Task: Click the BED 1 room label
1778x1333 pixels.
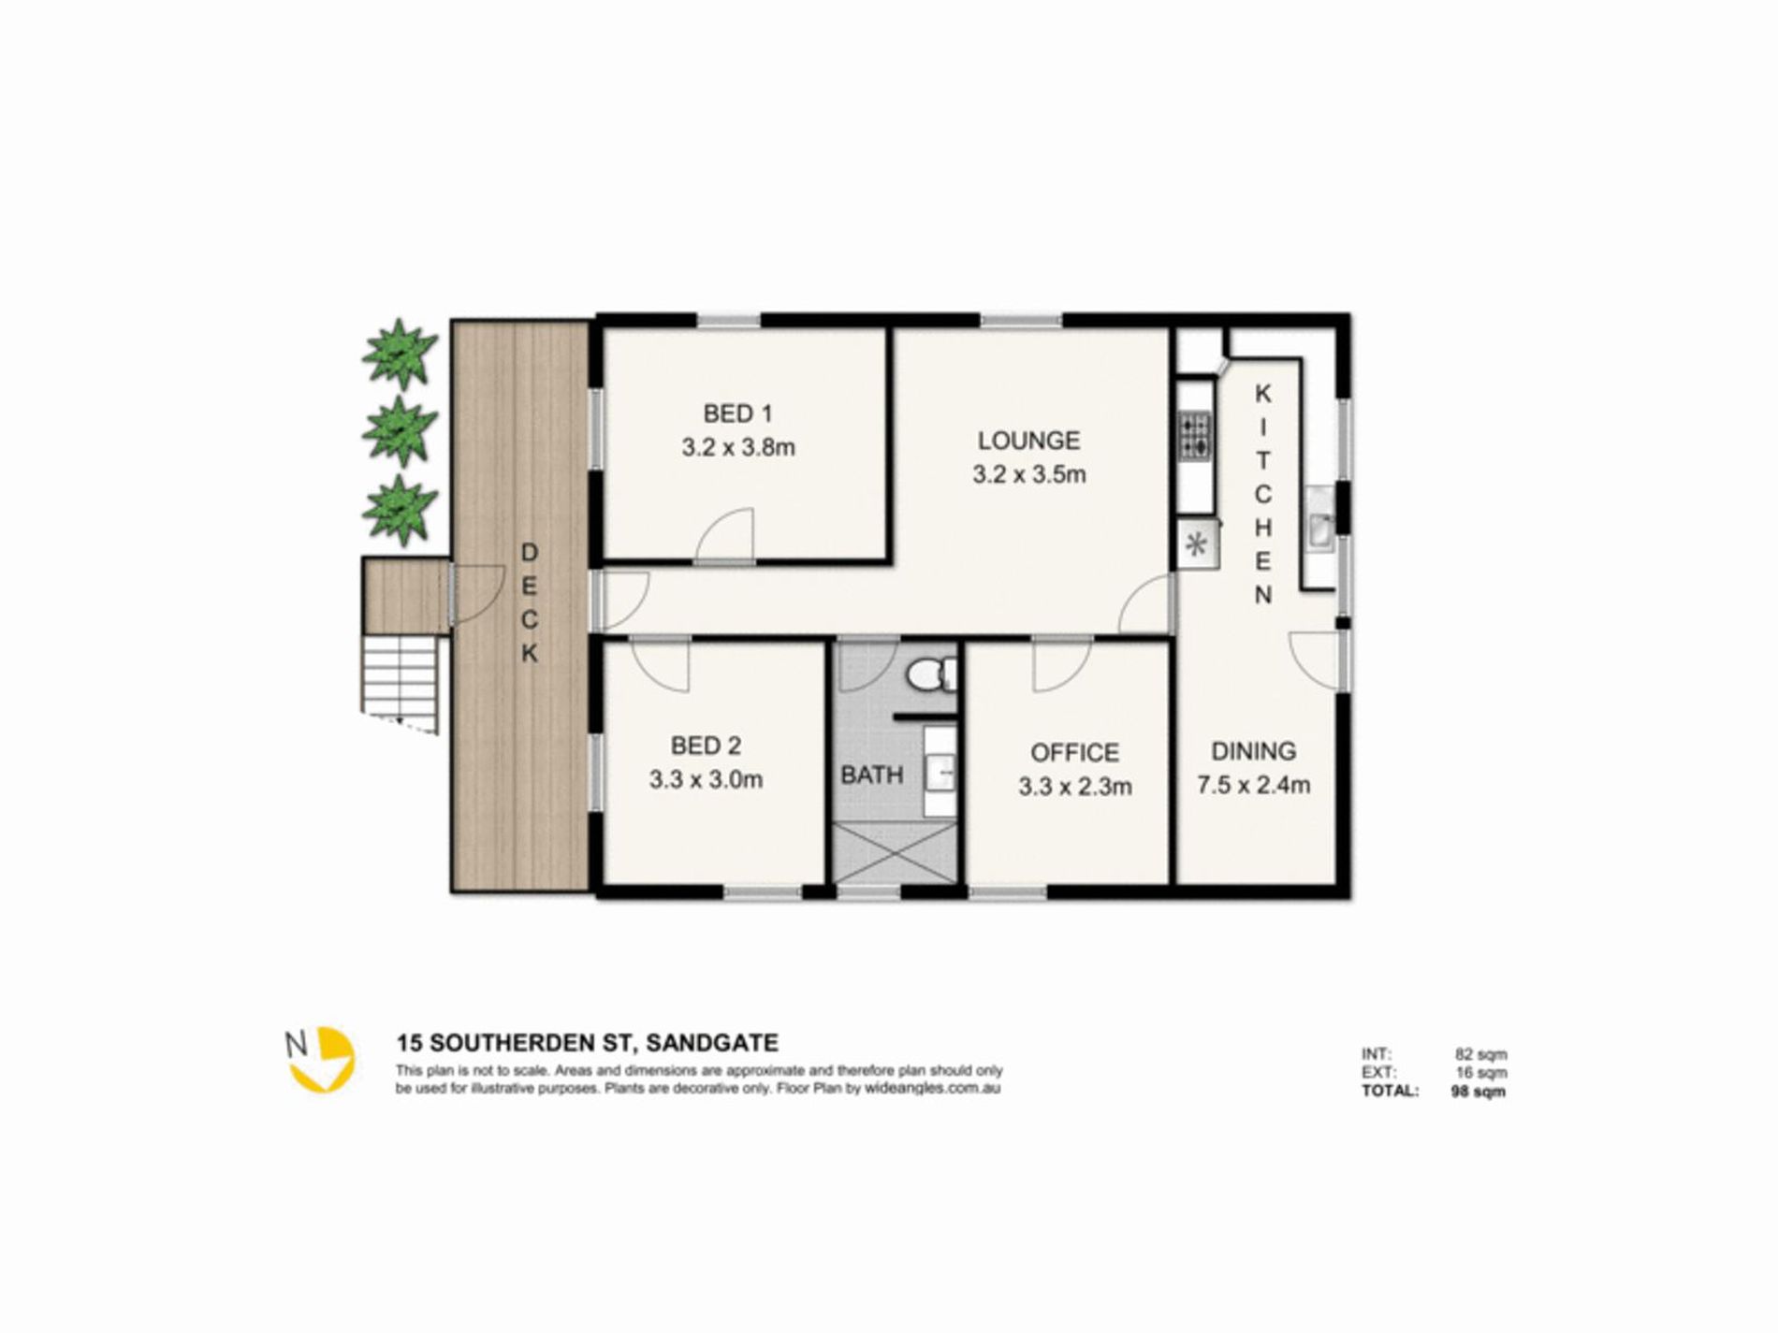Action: (737, 413)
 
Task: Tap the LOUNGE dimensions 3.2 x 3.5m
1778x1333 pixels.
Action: (1029, 474)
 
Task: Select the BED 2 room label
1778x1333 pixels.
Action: (707, 746)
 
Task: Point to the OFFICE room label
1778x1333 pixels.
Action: (1074, 753)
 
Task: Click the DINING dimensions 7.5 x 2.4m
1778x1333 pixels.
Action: (1253, 785)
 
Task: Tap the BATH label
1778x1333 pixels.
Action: (871, 775)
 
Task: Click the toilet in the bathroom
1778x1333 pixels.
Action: (933, 673)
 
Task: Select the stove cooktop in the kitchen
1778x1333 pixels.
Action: (1194, 437)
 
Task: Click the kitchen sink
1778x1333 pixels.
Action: (1320, 531)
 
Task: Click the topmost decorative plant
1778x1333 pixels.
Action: (400, 353)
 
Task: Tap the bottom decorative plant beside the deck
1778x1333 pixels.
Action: (400, 510)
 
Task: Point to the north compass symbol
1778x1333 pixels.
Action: (321, 1060)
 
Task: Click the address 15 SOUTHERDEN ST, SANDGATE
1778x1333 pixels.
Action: (588, 1042)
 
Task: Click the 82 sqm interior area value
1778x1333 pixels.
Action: (1480, 1055)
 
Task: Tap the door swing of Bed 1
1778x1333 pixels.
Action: (724, 536)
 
